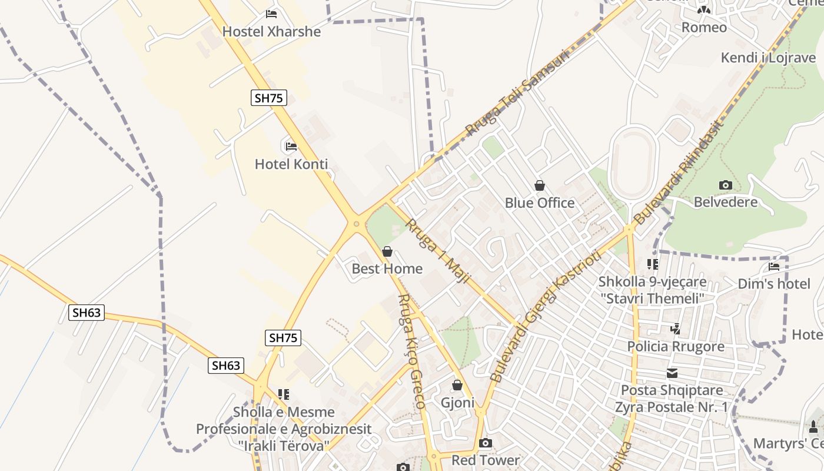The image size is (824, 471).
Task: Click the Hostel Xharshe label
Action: [x=271, y=31]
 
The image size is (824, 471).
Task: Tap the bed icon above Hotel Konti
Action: [x=291, y=146]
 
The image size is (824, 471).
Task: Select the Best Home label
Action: [x=387, y=269]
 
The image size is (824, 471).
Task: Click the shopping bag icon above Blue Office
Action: [x=539, y=186]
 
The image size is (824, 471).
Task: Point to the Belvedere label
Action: [x=725, y=203]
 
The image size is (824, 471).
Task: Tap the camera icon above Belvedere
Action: [x=725, y=185]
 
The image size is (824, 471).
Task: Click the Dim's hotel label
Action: [x=774, y=284]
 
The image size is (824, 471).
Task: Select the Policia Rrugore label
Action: [x=675, y=346]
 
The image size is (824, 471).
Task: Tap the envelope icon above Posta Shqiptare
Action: [x=672, y=373]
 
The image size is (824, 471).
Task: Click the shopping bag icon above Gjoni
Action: [x=457, y=386]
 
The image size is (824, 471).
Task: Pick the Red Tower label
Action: [x=486, y=460]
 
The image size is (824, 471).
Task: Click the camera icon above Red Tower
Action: [x=485, y=443]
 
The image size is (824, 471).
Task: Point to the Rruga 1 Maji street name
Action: [x=438, y=251]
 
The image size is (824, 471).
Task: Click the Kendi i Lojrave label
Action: [x=768, y=58]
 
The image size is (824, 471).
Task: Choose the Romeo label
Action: [x=704, y=28]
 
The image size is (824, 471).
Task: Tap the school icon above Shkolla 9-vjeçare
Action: [x=652, y=264]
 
